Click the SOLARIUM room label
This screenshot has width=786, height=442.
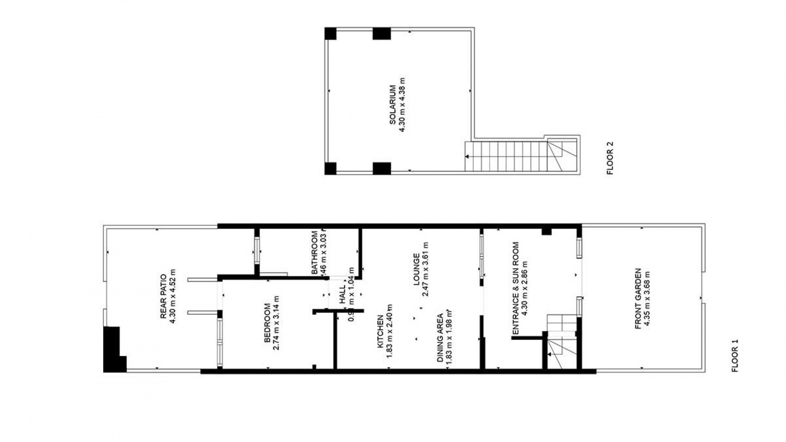(393, 104)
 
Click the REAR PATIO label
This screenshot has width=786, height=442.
(163, 296)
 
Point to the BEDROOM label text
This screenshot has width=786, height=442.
(267, 323)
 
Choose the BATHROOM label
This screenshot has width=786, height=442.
(314, 253)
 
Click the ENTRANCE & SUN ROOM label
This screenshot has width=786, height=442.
(515, 288)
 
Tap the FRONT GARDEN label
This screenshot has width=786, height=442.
(638, 299)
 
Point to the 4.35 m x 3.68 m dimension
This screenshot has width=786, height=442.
(647, 299)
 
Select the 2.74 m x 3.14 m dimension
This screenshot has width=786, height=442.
(276, 323)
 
